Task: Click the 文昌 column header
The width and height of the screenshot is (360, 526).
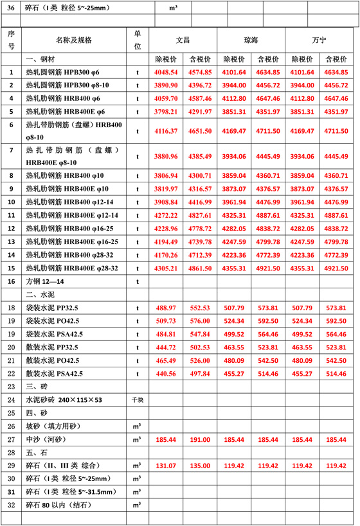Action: click(x=183, y=39)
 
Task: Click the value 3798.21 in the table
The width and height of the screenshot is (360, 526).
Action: click(x=166, y=111)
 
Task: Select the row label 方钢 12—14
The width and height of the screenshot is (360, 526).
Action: click(x=49, y=281)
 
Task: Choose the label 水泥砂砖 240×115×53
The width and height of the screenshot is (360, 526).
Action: click(x=64, y=399)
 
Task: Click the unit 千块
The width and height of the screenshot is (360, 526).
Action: click(x=138, y=399)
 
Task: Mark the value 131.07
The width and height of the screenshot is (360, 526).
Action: click(x=166, y=466)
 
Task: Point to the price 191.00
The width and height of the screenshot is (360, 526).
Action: click(x=199, y=439)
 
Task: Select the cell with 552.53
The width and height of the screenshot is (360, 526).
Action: click(x=199, y=308)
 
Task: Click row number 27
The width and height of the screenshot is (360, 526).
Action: click(x=11, y=439)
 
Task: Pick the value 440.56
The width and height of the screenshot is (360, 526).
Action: click(x=166, y=373)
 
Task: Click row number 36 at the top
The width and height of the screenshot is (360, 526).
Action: click(x=11, y=8)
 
